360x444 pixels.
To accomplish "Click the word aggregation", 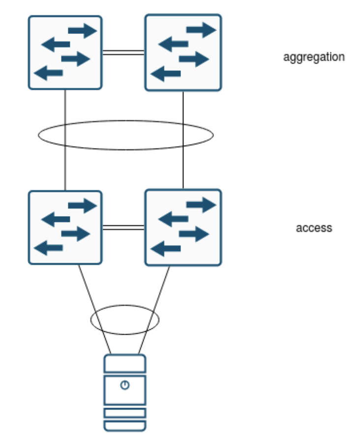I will coord(313,57).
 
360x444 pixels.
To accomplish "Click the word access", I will coord(314,228).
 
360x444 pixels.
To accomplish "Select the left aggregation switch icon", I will coord(65,53).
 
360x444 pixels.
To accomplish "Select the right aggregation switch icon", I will coord(183,53).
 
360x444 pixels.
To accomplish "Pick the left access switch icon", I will coord(65,227).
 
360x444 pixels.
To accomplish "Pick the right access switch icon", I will coord(183,227).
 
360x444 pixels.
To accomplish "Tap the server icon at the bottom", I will coord(125,393).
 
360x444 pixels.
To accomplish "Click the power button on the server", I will coord(125,385).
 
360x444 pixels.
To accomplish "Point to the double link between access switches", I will coord(123,227).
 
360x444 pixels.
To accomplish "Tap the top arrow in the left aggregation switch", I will coord(82,32).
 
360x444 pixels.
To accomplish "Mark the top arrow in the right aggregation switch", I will coord(201,30).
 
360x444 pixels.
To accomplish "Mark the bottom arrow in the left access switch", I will coord(48,248).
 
